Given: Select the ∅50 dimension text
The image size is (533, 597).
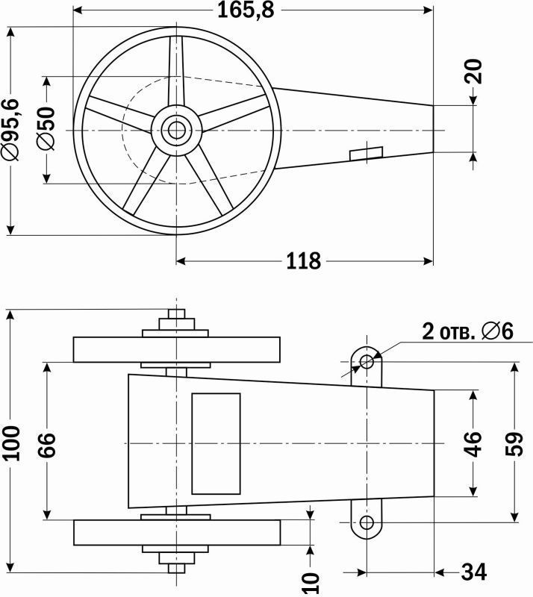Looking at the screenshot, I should pos(46,129).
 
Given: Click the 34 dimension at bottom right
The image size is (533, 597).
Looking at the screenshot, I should pos(473,572).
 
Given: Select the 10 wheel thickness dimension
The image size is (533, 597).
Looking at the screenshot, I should pos(311,581).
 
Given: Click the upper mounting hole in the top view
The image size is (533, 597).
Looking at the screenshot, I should pos(367,363).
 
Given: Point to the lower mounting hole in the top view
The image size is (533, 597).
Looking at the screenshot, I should pos(367,522).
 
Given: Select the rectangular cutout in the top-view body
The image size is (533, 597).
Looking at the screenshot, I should pos(216,443).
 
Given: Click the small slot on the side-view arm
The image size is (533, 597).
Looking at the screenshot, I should pos(367,152).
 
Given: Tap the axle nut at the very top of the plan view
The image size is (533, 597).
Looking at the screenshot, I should pos(177,317).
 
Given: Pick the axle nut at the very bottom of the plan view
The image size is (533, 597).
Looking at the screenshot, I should pos(177,568).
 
